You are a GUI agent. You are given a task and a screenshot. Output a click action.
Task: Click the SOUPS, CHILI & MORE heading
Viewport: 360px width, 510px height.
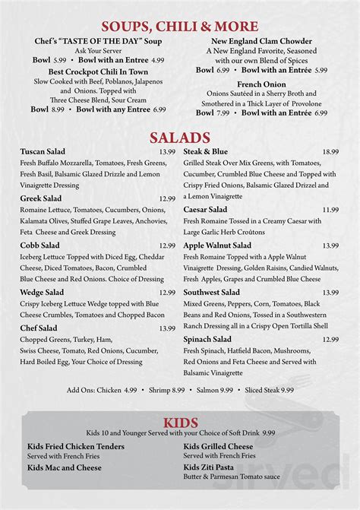(179, 27)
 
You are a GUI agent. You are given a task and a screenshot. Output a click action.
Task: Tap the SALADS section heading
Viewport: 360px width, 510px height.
(179, 138)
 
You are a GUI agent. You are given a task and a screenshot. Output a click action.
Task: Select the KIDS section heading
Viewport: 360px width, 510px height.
(180, 423)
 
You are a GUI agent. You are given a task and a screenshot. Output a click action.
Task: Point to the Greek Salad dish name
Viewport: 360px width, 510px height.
(42, 198)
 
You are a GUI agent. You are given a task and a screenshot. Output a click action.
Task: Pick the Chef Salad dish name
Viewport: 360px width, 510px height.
(39, 328)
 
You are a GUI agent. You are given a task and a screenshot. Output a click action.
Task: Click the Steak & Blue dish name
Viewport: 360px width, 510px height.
(205, 152)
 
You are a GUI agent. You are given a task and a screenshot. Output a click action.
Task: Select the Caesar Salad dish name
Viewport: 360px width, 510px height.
(205, 209)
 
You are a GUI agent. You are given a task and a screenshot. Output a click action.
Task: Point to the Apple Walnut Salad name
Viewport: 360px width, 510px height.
(217, 245)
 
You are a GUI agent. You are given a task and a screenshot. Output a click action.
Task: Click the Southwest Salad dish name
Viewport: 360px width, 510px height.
(212, 292)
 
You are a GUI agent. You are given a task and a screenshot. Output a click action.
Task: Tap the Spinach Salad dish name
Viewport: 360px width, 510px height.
(207, 339)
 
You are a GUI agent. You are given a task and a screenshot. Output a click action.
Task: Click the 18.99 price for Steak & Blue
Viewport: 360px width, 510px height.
(330, 152)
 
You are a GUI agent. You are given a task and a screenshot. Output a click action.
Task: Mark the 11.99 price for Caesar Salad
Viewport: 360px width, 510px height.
(330, 209)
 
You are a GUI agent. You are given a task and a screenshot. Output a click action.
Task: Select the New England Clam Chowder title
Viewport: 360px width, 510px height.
(251, 40)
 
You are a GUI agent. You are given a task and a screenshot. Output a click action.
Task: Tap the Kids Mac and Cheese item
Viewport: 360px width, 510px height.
(65, 467)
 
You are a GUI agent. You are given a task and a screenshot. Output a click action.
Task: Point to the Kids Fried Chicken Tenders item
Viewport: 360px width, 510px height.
(76, 446)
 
